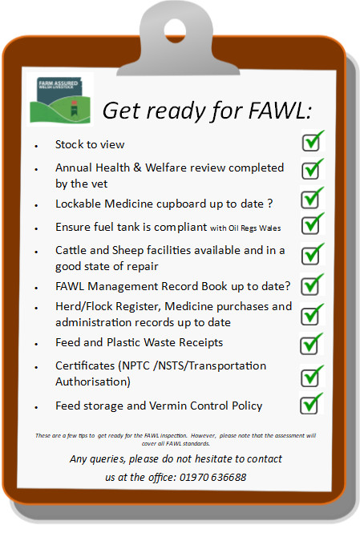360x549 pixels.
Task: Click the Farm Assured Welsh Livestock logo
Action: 60,99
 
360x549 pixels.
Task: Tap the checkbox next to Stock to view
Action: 311,142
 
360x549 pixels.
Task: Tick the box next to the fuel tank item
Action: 311,225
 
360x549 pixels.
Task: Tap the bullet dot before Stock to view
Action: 36,146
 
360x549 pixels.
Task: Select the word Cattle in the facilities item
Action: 71,250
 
